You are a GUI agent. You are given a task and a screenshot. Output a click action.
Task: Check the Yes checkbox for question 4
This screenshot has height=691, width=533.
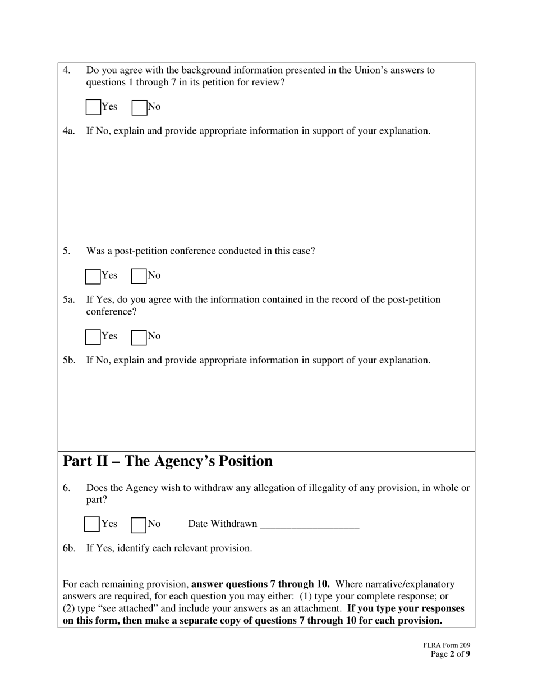(x=93, y=107)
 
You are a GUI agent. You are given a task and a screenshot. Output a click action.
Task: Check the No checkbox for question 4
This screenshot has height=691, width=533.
(x=139, y=107)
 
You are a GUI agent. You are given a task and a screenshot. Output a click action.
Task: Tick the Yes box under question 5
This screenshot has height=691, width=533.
(x=93, y=276)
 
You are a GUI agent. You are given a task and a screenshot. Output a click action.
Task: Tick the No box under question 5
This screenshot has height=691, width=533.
(x=139, y=276)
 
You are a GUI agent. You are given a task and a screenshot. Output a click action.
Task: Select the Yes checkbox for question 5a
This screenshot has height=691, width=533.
(x=93, y=337)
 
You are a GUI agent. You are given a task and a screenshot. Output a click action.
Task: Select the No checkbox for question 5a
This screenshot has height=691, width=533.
(x=139, y=337)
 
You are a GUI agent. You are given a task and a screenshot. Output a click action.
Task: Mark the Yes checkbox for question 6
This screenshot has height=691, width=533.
(x=92, y=524)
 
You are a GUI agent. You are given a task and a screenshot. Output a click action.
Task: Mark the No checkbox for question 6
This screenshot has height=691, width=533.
(x=138, y=524)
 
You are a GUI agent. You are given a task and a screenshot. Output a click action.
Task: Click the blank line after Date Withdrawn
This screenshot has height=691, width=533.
(x=309, y=524)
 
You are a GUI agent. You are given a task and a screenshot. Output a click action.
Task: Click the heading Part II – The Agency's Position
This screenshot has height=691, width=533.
(x=167, y=461)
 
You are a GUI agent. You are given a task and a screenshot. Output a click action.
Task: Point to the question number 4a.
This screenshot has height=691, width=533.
(x=68, y=131)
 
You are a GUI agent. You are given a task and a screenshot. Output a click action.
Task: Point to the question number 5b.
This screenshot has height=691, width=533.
(x=68, y=360)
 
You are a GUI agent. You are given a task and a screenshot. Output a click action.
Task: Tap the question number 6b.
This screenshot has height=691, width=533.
(x=68, y=548)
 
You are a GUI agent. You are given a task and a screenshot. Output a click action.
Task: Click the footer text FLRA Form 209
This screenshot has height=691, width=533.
(x=447, y=646)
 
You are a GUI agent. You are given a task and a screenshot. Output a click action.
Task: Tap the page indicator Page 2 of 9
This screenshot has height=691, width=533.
(x=451, y=654)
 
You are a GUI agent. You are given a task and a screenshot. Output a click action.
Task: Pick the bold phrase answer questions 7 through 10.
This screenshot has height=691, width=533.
(x=260, y=584)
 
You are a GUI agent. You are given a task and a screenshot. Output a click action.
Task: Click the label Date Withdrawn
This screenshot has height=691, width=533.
(x=222, y=524)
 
